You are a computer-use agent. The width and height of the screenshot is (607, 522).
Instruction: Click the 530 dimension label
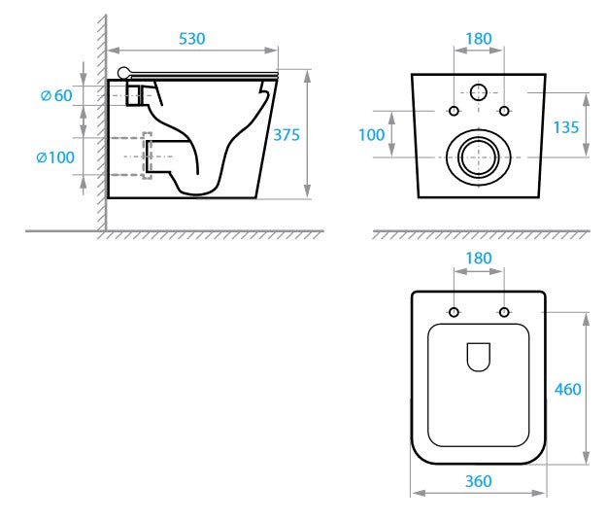click(x=192, y=39)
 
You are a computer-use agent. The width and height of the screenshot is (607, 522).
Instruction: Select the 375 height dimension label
click(x=287, y=135)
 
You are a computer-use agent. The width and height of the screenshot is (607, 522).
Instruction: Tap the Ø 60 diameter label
click(x=56, y=95)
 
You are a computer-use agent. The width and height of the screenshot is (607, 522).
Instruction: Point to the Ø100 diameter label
click(x=55, y=157)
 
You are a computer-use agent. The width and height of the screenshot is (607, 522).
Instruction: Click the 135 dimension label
click(x=566, y=127)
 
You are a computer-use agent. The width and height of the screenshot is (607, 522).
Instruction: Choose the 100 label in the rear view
click(x=372, y=135)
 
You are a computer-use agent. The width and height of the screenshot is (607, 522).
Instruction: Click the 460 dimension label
click(x=568, y=390)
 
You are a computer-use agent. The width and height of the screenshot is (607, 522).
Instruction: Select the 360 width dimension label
click(x=479, y=481)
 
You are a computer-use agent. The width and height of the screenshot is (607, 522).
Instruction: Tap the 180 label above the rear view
click(x=479, y=39)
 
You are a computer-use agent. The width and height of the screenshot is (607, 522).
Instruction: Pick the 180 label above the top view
click(x=479, y=259)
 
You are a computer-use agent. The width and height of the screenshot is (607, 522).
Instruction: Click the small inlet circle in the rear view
click(x=479, y=92)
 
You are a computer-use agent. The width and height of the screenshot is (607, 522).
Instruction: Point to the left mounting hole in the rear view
click(x=455, y=111)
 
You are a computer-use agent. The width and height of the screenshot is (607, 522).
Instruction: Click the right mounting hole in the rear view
click(x=504, y=111)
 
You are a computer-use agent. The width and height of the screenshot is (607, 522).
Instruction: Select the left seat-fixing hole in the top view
click(x=455, y=312)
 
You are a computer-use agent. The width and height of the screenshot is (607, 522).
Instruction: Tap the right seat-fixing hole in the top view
click(x=504, y=312)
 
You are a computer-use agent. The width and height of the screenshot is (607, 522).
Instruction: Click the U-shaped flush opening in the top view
click(x=479, y=357)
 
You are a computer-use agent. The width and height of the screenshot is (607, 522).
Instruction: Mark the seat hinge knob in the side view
click(x=124, y=73)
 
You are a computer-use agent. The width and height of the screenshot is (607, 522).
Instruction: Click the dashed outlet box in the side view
click(x=147, y=156)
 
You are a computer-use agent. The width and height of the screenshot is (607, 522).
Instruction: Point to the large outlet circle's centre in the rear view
click(x=479, y=157)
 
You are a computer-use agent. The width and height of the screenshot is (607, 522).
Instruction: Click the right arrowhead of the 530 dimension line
click(x=271, y=51)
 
